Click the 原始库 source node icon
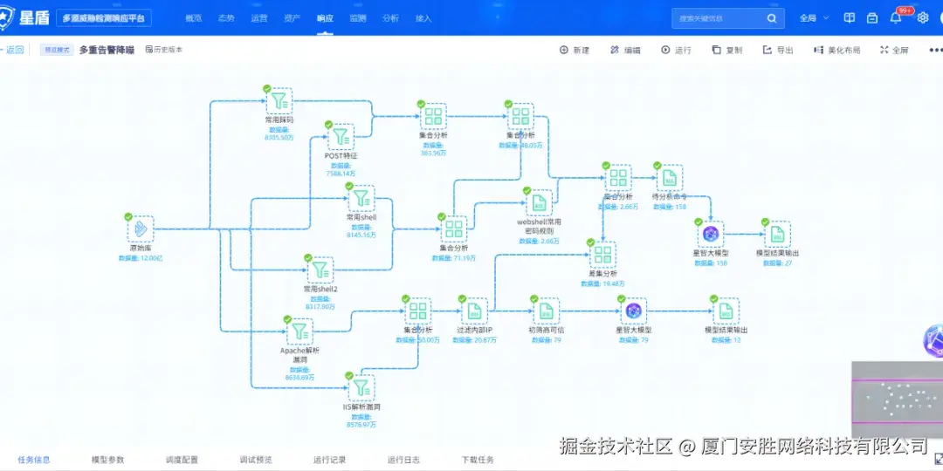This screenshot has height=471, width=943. click(140, 229)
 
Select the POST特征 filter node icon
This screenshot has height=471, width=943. click(341, 137)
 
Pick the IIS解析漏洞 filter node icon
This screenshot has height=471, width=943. click(361, 388)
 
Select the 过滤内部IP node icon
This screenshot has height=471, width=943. click(474, 311)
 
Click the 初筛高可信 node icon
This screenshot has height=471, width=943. click(546, 311)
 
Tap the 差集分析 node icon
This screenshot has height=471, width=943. click(602, 255)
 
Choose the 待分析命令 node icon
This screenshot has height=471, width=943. click(669, 178)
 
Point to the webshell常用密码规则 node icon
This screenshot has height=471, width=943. click(539, 203)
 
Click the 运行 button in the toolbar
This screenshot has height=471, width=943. click(677, 51)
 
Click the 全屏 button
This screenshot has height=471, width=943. click(894, 51)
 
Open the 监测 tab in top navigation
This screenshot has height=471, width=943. click(358, 18)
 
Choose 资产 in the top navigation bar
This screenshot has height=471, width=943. click(293, 18)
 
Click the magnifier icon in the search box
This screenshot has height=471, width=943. click(771, 18)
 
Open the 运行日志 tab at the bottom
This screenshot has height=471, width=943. click(404, 460)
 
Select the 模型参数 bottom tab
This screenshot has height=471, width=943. click(108, 460)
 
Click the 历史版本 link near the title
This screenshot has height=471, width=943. click(164, 51)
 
